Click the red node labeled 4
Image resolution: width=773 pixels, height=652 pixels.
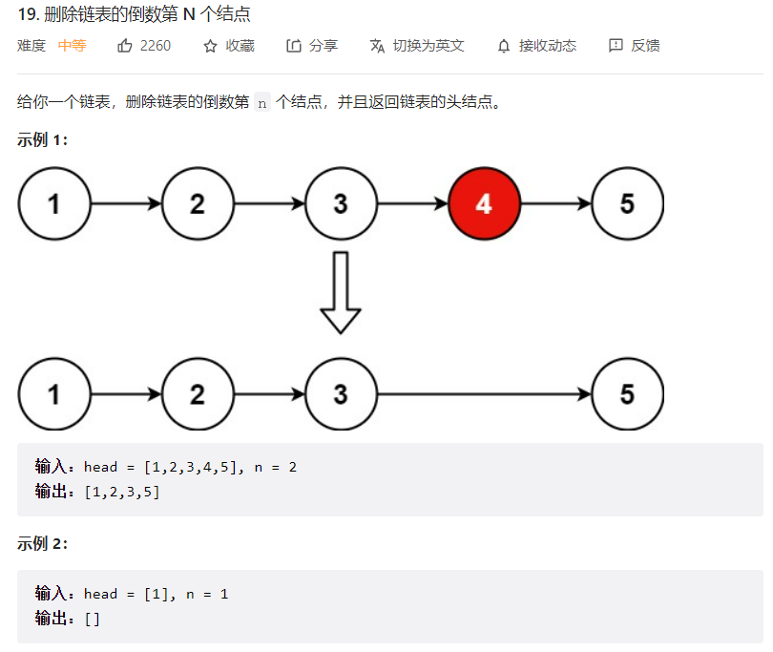[x=484, y=203]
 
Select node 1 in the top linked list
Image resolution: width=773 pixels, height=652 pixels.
[x=54, y=203]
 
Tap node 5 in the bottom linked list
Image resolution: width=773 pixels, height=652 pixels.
[x=627, y=394]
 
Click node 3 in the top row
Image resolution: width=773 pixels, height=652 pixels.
[x=341, y=203]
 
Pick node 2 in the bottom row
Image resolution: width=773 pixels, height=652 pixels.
[x=198, y=394]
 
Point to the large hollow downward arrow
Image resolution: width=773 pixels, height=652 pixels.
[x=341, y=292]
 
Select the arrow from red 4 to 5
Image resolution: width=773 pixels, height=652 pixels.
[x=555, y=203]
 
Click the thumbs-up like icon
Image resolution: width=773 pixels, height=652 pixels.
[x=125, y=46]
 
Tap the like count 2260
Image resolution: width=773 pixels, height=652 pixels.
[x=156, y=46]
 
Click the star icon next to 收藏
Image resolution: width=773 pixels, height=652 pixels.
[x=211, y=46]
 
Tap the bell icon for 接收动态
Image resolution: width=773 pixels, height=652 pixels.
[x=504, y=46]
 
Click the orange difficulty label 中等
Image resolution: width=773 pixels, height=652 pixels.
[x=72, y=46]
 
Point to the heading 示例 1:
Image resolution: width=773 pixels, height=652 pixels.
[x=43, y=140]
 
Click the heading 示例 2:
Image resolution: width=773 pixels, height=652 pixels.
[x=43, y=544]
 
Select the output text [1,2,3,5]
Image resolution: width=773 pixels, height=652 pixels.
[x=122, y=492]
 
